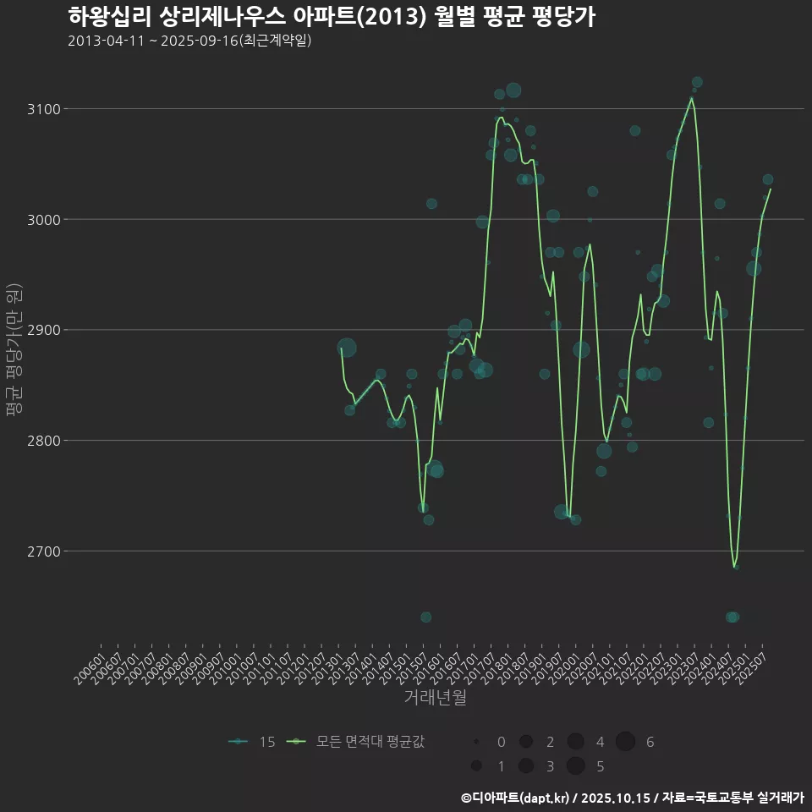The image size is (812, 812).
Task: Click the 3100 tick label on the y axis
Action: [41, 109]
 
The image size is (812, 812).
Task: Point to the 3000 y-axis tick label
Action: [41, 220]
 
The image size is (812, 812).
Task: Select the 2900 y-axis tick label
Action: [41, 330]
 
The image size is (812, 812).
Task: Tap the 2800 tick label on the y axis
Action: [41, 441]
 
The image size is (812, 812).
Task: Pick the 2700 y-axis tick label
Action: [41, 551]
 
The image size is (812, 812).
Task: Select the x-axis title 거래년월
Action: [436, 698]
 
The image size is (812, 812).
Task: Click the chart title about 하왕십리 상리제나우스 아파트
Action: [331, 17]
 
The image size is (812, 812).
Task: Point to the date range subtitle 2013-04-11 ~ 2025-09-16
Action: [189, 41]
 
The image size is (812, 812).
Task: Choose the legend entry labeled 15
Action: [252, 742]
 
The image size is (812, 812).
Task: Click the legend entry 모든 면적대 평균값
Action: [355, 742]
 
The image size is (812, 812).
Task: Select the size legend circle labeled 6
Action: [625, 742]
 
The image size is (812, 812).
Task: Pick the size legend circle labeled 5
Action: [575, 766]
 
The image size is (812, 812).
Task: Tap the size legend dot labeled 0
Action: [476, 742]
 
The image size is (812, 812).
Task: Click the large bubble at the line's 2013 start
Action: [346, 348]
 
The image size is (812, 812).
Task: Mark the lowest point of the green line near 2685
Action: [735, 567]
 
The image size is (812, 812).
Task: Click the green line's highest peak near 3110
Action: [692, 98]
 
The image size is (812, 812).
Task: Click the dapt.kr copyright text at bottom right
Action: [632, 797]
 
